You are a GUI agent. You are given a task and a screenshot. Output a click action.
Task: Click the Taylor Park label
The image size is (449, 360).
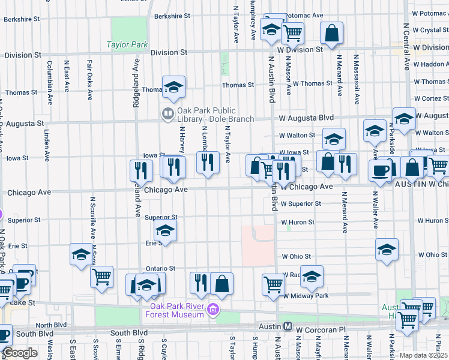pos(127,44)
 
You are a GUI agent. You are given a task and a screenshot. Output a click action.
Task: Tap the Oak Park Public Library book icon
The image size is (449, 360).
pos(167,112)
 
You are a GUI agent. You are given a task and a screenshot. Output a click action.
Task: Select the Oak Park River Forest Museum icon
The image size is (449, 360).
pos(213,310)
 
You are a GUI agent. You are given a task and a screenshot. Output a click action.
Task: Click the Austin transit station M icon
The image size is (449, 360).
pos(288,327)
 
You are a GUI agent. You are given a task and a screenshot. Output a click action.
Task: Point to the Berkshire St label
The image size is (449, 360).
pos(21,19)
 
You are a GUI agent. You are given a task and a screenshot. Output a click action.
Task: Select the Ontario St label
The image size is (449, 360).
pos(160,268)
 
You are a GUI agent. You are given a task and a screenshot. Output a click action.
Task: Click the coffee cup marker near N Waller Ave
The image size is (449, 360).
pos(380,170)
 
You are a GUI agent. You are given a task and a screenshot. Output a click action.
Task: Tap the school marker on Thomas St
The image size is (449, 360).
pos(173,88)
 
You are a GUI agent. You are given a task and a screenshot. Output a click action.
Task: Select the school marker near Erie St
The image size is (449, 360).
pos(165,230)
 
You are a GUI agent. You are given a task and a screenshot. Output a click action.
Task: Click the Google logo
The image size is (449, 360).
pos(20,353)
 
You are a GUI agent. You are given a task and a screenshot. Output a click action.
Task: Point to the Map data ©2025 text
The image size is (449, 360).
pos(424,355)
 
